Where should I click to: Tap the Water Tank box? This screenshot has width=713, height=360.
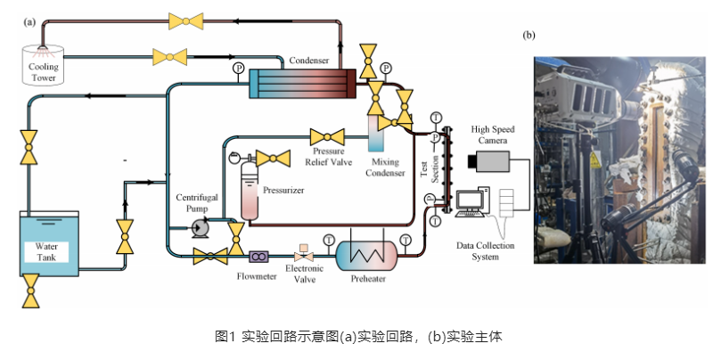click(x=49, y=241)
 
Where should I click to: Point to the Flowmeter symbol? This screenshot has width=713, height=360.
click(x=259, y=257)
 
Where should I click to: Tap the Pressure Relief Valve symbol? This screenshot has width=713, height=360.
click(x=327, y=137)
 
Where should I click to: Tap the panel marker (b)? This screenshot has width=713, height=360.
click(x=529, y=35)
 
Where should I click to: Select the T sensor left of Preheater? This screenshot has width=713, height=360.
click(x=329, y=240)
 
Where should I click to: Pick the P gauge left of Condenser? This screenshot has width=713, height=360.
click(x=238, y=68)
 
